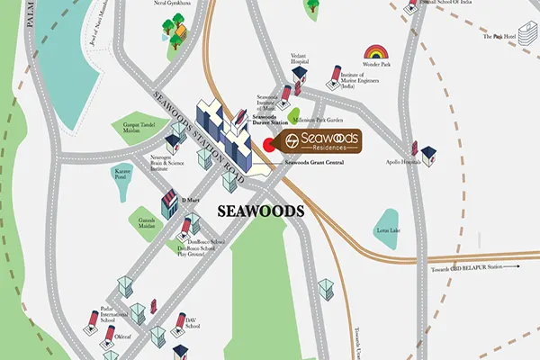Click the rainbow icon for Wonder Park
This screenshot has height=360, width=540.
pos(375,52)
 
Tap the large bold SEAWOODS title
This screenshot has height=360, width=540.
pos(259,211)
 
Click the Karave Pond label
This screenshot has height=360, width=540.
pos(122,171)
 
